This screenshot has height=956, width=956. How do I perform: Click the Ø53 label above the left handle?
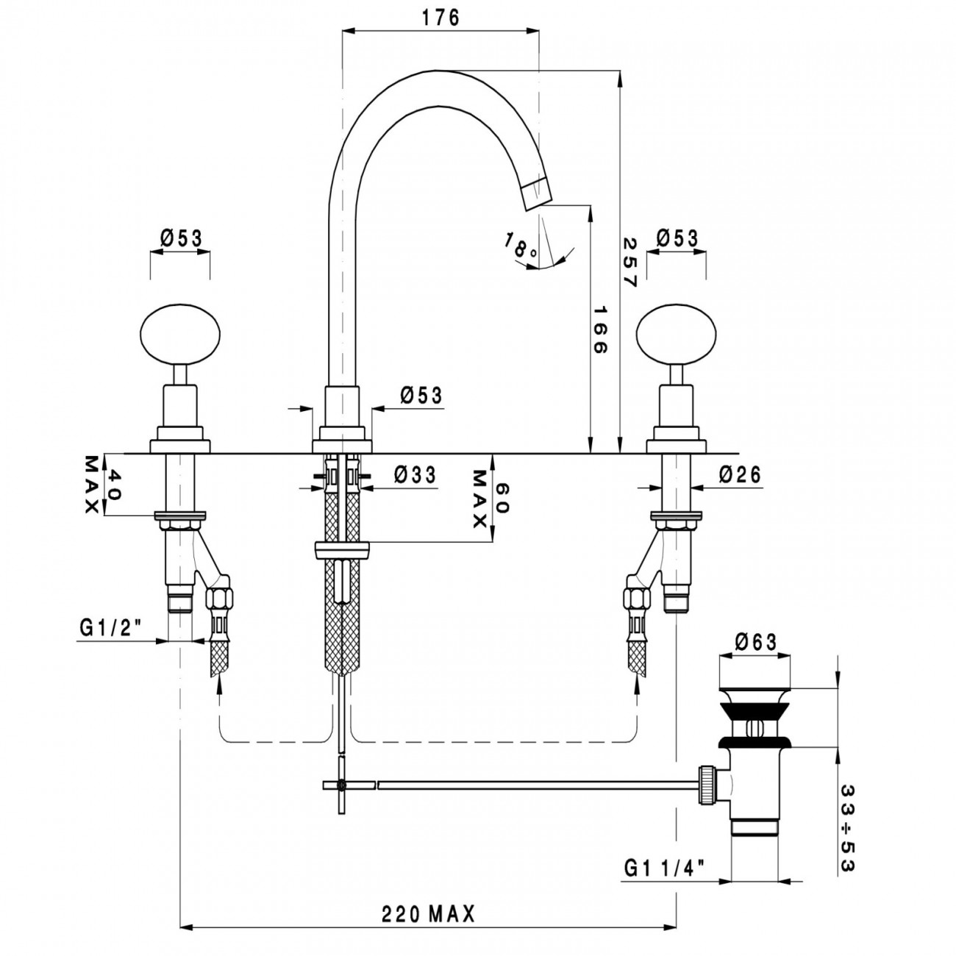[180, 238]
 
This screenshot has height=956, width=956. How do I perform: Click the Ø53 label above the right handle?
[677, 238]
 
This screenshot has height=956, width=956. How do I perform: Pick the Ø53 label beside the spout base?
[421, 396]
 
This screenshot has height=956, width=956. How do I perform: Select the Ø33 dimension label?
[415, 475]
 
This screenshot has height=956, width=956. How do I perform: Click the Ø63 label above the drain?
[755, 642]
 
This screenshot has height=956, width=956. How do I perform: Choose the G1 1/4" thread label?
[665, 868]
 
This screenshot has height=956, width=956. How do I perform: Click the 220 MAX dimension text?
[428, 914]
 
